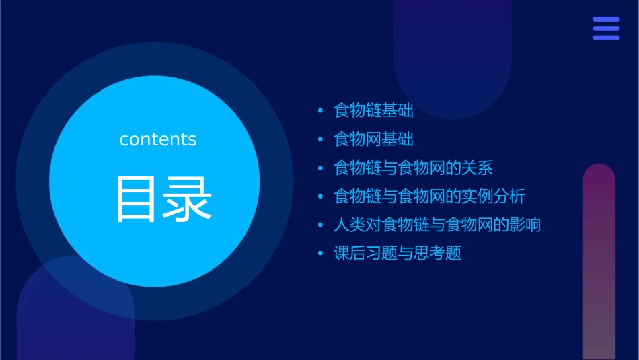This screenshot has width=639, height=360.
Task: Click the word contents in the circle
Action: (x=158, y=139)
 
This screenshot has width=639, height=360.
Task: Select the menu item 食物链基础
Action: (x=373, y=110)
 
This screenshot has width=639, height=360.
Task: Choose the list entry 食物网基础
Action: (x=373, y=139)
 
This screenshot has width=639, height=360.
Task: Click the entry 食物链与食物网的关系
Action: (x=413, y=168)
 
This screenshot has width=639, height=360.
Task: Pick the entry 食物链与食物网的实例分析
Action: (x=429, y=196)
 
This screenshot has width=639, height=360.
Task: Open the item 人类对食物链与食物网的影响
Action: (x=437, y=225)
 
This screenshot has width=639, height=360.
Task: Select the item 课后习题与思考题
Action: (x=397, y=254)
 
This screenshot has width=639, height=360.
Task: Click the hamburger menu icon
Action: (x=606, y=28)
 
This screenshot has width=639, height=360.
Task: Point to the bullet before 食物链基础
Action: (x=320, y=110)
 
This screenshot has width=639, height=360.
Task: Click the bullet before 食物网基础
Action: (x=320, y=139)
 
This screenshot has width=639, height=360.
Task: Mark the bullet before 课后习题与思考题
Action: (x=320, y=254)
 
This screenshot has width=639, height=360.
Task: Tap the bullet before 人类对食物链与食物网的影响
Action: (x=320, y=225)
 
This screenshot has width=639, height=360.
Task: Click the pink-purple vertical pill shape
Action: (x=599, y=262)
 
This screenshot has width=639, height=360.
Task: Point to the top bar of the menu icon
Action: (x=606, y=20)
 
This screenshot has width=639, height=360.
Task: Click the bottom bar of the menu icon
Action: (x=606, y=38)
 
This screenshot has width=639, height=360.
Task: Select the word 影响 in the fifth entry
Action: (x=525, y=225)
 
